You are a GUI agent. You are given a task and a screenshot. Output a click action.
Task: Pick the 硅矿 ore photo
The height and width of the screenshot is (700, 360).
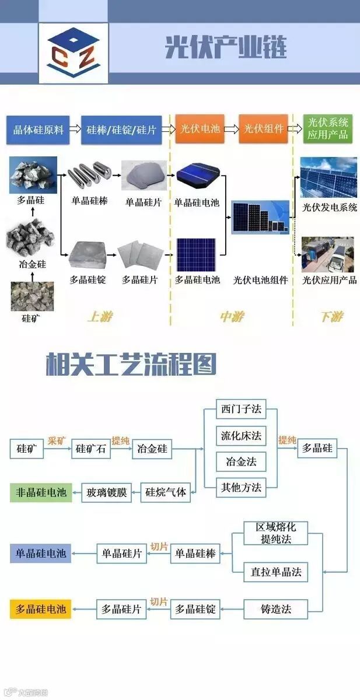pos(32,296)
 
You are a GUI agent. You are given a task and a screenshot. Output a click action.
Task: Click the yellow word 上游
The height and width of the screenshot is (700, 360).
pos(99,317)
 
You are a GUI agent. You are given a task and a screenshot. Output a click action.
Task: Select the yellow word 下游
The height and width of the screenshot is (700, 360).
pos(331,317)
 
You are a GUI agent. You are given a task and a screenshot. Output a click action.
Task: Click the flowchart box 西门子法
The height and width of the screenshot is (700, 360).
pos(241,409)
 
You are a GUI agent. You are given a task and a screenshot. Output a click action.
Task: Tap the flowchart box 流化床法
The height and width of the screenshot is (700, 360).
pos(241,435)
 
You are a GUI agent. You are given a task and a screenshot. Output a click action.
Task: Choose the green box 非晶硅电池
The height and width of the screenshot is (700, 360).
pos(41,492)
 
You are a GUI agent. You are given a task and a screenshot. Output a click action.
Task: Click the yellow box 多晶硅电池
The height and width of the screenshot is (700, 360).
pos(41,609)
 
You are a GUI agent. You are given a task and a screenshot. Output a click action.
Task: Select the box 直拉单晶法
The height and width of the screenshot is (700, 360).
pos(276,572)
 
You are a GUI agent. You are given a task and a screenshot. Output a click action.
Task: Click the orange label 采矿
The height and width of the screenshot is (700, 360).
pos(58,440)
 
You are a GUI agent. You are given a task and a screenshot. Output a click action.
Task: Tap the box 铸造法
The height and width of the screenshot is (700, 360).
pos(276,609)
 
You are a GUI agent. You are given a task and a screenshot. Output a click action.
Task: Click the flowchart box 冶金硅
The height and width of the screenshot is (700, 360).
pos(152,449)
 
